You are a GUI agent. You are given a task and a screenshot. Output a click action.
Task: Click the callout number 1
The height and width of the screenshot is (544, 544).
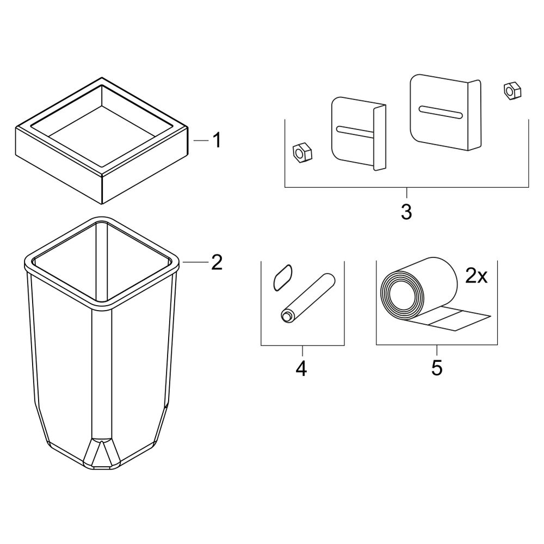coord(217,140)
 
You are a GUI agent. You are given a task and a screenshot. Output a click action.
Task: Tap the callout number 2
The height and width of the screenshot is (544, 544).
coord(217,262)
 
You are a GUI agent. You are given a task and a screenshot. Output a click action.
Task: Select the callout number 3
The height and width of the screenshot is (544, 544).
coord(406,211)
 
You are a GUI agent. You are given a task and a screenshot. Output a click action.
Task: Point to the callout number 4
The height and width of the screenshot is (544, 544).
coord(301,368)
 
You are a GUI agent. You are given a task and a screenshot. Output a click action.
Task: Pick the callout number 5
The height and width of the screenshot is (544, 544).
coord(437,368)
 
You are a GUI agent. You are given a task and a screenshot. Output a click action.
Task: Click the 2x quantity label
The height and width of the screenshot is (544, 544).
coord(476,276)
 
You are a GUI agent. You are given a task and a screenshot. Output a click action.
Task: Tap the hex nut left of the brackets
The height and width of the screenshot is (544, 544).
coord(302,153)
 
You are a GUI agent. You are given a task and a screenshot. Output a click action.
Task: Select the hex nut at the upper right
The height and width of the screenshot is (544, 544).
coord(512,91)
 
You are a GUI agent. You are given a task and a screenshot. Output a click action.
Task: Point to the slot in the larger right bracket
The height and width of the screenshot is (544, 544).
coord(441,112)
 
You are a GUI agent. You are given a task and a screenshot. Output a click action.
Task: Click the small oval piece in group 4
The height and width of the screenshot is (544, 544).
coord(282,277)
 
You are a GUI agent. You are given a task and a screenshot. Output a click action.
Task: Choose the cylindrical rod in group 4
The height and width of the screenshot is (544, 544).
coord(308,298)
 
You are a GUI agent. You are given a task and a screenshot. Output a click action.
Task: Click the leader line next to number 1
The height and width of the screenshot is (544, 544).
coord(201,140)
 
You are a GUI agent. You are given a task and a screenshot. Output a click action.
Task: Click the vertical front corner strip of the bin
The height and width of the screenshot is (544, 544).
coord(101,373)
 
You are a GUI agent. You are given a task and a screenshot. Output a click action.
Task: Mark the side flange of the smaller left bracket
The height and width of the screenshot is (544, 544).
coord(380,138)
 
